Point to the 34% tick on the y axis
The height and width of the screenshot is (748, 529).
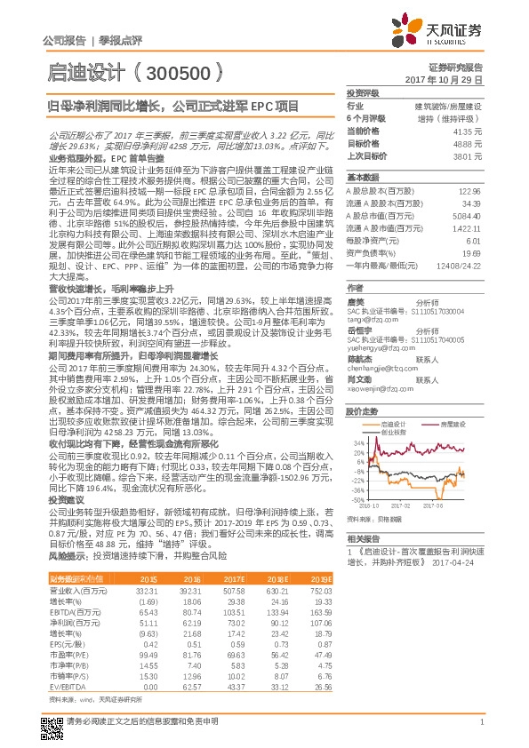358,442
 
